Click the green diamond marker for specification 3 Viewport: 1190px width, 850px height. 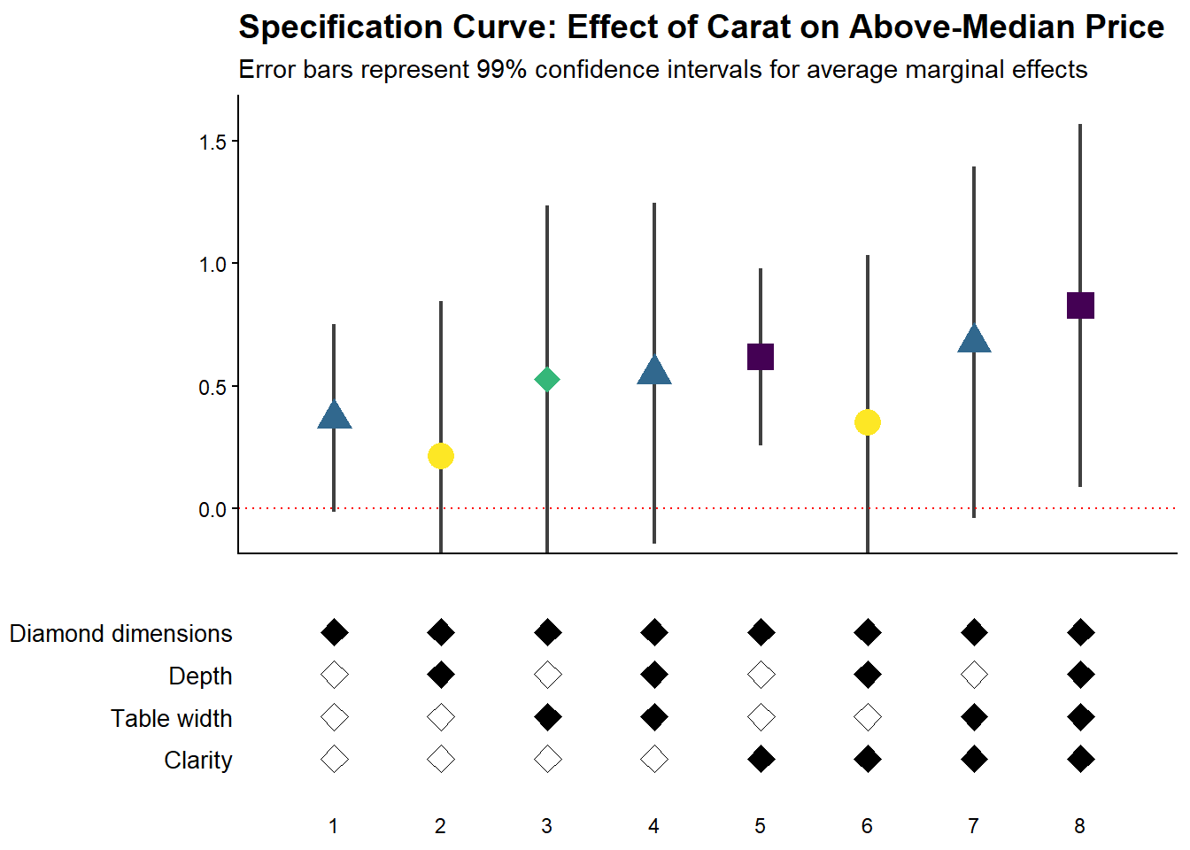[547, 380]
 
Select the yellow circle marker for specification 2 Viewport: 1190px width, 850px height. [441, 456]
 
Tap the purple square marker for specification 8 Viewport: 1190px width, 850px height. [1080, 305]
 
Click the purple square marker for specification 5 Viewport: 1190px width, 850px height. [761, 357]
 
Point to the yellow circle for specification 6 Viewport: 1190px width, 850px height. [868, 423]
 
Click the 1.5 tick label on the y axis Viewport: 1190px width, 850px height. [212, 143]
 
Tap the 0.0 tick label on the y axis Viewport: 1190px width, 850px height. [212, 510]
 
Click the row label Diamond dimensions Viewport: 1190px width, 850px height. [120, 634]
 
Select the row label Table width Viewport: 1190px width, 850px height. [171, 718]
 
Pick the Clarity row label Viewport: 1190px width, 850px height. [197, 761]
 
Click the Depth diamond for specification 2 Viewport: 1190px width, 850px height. [441, 676]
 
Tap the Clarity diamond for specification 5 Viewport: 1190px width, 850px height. [761, 760]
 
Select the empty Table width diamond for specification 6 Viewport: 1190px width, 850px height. [868, 717]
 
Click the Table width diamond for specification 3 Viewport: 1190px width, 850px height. [547, 717]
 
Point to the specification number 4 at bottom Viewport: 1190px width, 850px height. [653, 826]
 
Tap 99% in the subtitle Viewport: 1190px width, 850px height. [502, 70]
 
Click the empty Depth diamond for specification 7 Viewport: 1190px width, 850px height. [974, 676]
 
